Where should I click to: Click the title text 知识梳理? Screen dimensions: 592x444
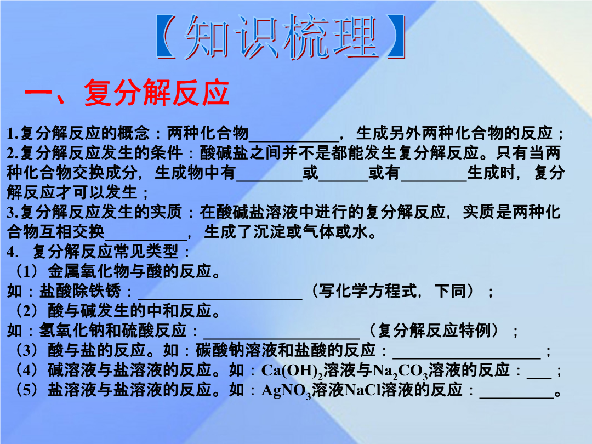(x=281, y=37)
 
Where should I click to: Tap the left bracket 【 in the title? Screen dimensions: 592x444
(x=166, y=37)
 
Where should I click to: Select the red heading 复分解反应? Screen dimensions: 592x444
(x=156, y=93)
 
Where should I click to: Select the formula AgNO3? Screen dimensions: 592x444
(x=286, y=391)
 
